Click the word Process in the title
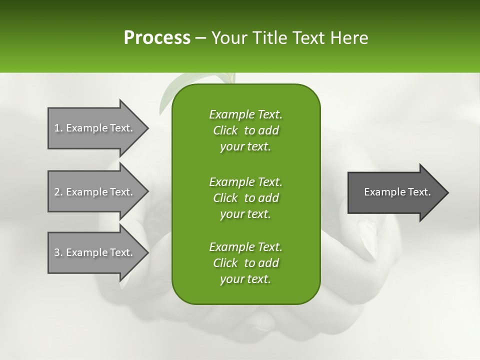click(157, 38)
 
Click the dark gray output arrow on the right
click(395, 192)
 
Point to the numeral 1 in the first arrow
click(56, 128)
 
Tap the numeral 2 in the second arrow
click(57, 192)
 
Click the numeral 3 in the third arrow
click(57, 252)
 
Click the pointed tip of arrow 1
click(147, 128)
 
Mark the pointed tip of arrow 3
click(147, 252)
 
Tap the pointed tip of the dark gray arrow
click(447, 192)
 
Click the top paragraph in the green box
click(245, 130)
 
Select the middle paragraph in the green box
click(245, 197)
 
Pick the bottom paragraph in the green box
click(245, 263)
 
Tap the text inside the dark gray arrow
click(397, 192)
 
